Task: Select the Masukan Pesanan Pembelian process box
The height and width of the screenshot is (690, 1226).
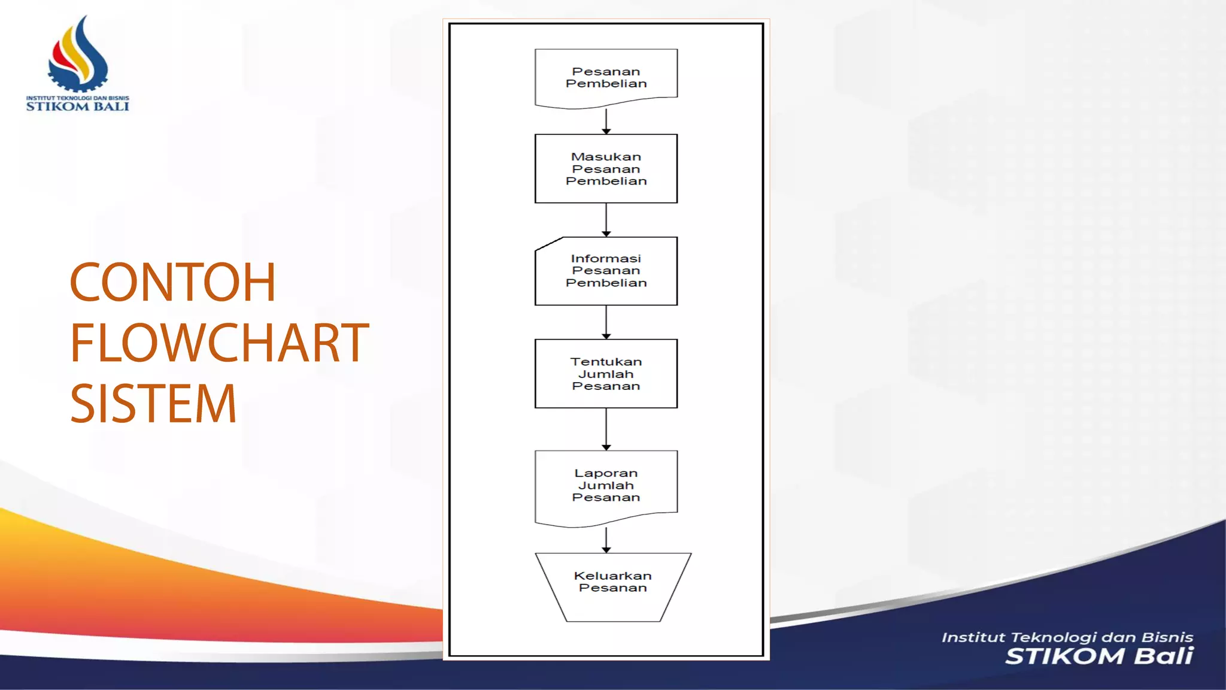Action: coord(606,169)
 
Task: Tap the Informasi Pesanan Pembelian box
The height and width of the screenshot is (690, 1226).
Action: coord(606,271)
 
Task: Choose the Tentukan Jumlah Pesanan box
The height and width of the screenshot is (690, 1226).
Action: coord(606,374)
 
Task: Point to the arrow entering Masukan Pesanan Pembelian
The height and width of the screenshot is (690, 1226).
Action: coord(606,122)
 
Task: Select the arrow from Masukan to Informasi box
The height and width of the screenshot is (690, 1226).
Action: coord(606,220)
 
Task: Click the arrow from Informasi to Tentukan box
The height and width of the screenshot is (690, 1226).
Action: coord(606,322)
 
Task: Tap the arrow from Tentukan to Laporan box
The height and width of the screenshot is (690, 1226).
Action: coord(606,429)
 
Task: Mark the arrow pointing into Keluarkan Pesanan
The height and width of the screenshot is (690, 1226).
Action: coord(606,540)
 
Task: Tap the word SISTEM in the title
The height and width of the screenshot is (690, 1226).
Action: coord(153,404)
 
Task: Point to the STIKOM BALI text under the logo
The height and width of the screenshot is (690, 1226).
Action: coord(77,107)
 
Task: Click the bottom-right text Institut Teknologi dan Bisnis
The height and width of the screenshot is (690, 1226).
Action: coord(1067,637)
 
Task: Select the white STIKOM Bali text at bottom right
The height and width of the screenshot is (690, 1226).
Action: coord(1099,656)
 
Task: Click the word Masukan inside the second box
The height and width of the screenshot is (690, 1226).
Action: coord(606,157)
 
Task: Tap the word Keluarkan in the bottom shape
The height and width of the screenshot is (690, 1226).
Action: coord(612,576)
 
